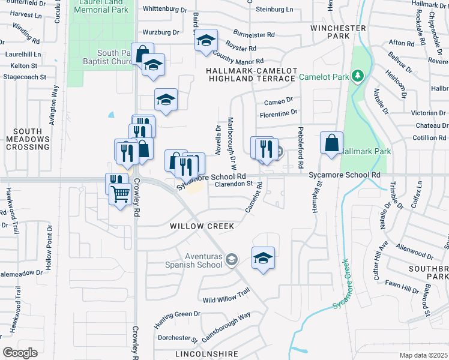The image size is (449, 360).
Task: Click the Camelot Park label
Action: click(x=325, y=76)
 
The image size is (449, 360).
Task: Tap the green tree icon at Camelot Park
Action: click(x=358, y=76)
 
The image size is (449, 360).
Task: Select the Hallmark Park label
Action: click(x=363, y=152)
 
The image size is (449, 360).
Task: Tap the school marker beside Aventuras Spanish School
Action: click(x=263, y=257)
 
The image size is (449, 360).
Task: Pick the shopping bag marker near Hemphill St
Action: click(x=331, y=143)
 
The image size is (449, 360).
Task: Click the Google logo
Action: click(x=20, y=353)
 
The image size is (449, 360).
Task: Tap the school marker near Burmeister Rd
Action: click(x=206, y=41)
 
